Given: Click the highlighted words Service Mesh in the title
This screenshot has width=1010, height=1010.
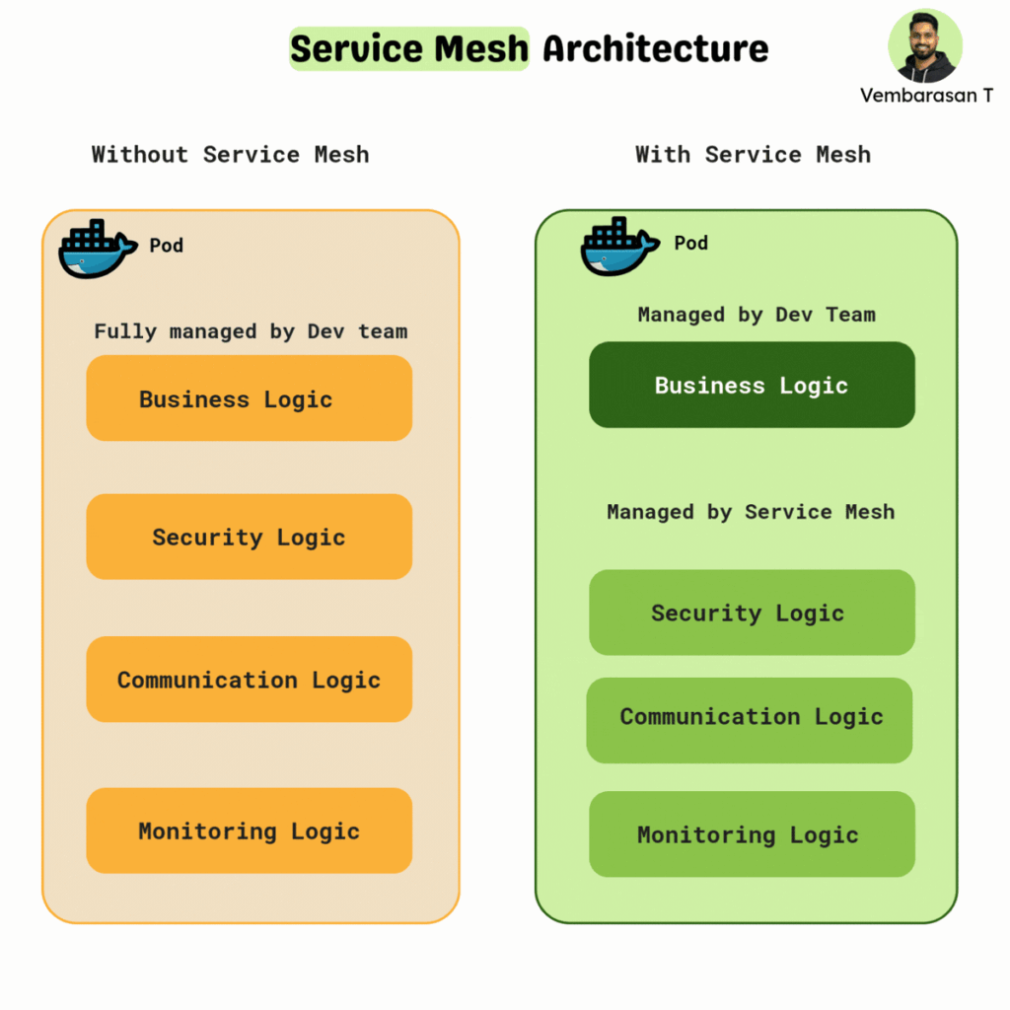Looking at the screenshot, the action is click(409, 49).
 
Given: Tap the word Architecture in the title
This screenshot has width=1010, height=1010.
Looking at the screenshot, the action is click(656, 49).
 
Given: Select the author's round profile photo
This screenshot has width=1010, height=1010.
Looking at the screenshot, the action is click(925, 45).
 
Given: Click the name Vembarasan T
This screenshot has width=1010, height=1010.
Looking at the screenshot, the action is click(926, 96).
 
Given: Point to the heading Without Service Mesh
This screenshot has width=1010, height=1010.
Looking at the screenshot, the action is click(230, 155).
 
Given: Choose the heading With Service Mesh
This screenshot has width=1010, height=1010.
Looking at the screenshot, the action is click(753, 155).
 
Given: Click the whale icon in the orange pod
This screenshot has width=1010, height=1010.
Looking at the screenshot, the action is click(98, 249).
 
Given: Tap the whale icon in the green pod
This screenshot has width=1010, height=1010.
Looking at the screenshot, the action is click(619, 246).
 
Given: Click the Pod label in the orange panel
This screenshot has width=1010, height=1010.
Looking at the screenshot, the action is click(166, 246).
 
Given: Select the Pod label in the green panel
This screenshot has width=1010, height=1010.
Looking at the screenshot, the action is click(691, 243).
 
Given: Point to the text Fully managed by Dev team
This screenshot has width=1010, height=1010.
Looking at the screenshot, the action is click(251, 331).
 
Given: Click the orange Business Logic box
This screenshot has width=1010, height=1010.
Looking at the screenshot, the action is click(250, 398).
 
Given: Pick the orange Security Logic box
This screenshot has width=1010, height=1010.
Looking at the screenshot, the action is click(250, 537).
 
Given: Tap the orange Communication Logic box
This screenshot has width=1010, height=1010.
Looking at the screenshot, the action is click(250, 679).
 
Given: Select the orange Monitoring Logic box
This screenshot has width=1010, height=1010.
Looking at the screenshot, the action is click(250, 830).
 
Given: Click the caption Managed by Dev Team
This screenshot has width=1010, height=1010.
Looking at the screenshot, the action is click(757, 315).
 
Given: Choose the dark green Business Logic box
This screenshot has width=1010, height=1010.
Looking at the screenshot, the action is click(752, 385).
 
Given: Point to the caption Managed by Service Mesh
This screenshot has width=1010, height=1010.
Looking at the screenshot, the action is click(751, 512).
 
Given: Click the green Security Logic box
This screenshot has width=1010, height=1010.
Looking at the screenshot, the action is click(752, 612).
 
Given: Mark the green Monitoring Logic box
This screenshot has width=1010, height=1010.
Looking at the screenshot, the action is click(752, 834).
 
